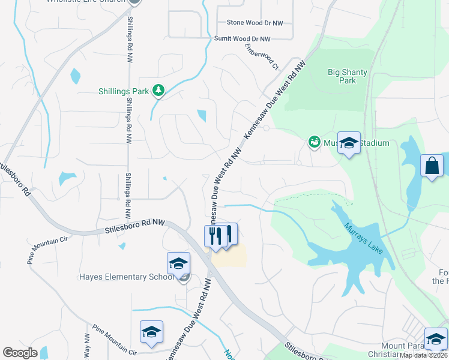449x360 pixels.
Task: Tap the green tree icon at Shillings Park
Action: coord(158,91)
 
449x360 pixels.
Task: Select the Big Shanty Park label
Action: coord(347,76)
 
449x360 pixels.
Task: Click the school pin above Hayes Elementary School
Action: coord(178,264)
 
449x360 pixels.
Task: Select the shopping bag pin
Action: coord(432,166)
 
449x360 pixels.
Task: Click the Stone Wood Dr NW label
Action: coord(255,23)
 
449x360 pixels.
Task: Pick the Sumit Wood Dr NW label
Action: coord(243,38)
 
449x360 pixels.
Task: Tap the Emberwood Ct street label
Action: coord(262,56)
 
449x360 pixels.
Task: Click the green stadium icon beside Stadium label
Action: coord(313,142)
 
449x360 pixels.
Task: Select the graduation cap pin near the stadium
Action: coord(348,143)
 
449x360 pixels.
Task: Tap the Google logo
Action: coord(20,353)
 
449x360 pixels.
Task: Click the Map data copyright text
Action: coord(423,355)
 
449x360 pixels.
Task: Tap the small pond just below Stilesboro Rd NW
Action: coord(122,245)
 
